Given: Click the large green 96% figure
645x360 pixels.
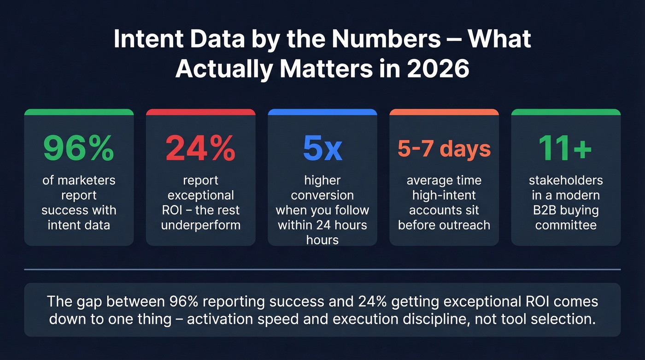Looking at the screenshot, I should pyautogui.click(x=78, y=148).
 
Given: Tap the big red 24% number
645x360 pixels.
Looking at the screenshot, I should pyautogui.click(x=200, y=148).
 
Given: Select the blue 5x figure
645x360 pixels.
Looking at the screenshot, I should pyautogui.click(x=322, y=148).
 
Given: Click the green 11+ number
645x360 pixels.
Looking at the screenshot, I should pyautogui.click(x=566, y=148).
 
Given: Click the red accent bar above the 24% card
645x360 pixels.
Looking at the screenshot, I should pyautogui.click(x=200, y=112).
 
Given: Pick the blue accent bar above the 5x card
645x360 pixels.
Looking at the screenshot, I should pyautogui.click(x=322, y=112).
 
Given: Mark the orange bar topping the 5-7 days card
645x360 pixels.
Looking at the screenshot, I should pyautogui.click(x=444, y=112).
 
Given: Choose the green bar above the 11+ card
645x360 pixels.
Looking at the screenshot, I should pyautogui.click(x=566, y=112).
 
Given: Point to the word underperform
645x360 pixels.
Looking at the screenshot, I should pyautogui.click(x=200, y=225).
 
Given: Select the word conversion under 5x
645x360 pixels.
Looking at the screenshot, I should pyautogui.click(x=322, y=195).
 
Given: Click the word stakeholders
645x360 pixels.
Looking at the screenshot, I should pyautogui.click(x=566, y=180).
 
